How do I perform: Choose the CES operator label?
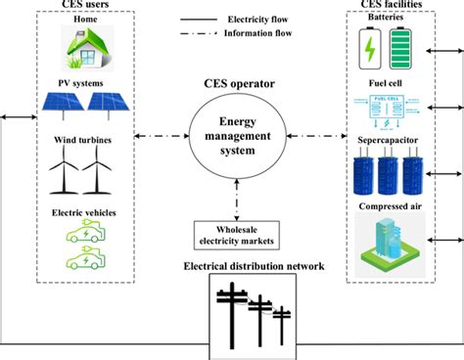pyautogui.click(x=231, y=85)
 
